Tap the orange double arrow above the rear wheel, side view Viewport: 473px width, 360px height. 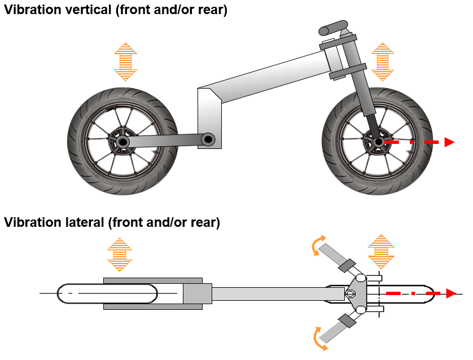(125, 62)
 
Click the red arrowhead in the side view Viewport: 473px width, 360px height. (449, 142)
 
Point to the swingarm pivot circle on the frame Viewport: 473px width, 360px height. (208, 138)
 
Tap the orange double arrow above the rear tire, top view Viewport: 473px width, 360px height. (120, 254)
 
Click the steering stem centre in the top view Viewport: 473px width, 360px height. (351, 293)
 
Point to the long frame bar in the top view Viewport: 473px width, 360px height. (277, 293)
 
